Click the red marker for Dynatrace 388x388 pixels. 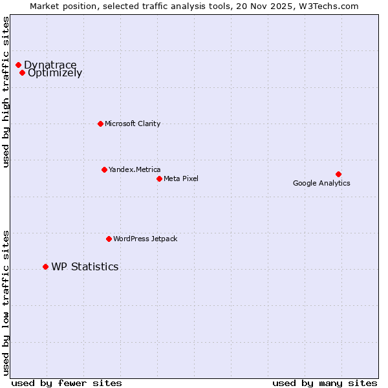[x=18, y=65]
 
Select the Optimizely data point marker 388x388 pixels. [x=22, y=72]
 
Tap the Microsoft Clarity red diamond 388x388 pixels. [x=100, y=124]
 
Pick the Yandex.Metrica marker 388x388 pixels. [x=104, y=169]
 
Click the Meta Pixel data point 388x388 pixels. [x=159, y=178]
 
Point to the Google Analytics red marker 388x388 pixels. [x=338, y=174]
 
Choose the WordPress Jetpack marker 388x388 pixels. [x=109, y=239]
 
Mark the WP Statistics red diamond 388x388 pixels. [x=45, y=266]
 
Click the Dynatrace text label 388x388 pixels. [x=50, y=65]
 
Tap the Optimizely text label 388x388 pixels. [x=55, y=73]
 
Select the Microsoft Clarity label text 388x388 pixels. [x=133, y=124]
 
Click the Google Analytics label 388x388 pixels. [x=321, y=183]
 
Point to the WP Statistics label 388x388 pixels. [x=85, y=266]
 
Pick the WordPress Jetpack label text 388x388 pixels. [x=145, y=239]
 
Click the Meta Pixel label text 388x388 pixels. [x=181, y=178]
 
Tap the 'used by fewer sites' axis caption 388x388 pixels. [x=67, y=383]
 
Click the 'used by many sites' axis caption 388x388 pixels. [x=325, y=383]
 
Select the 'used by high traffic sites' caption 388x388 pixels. [x=6, y=92]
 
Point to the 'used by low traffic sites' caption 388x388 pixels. [x=6, y=302]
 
